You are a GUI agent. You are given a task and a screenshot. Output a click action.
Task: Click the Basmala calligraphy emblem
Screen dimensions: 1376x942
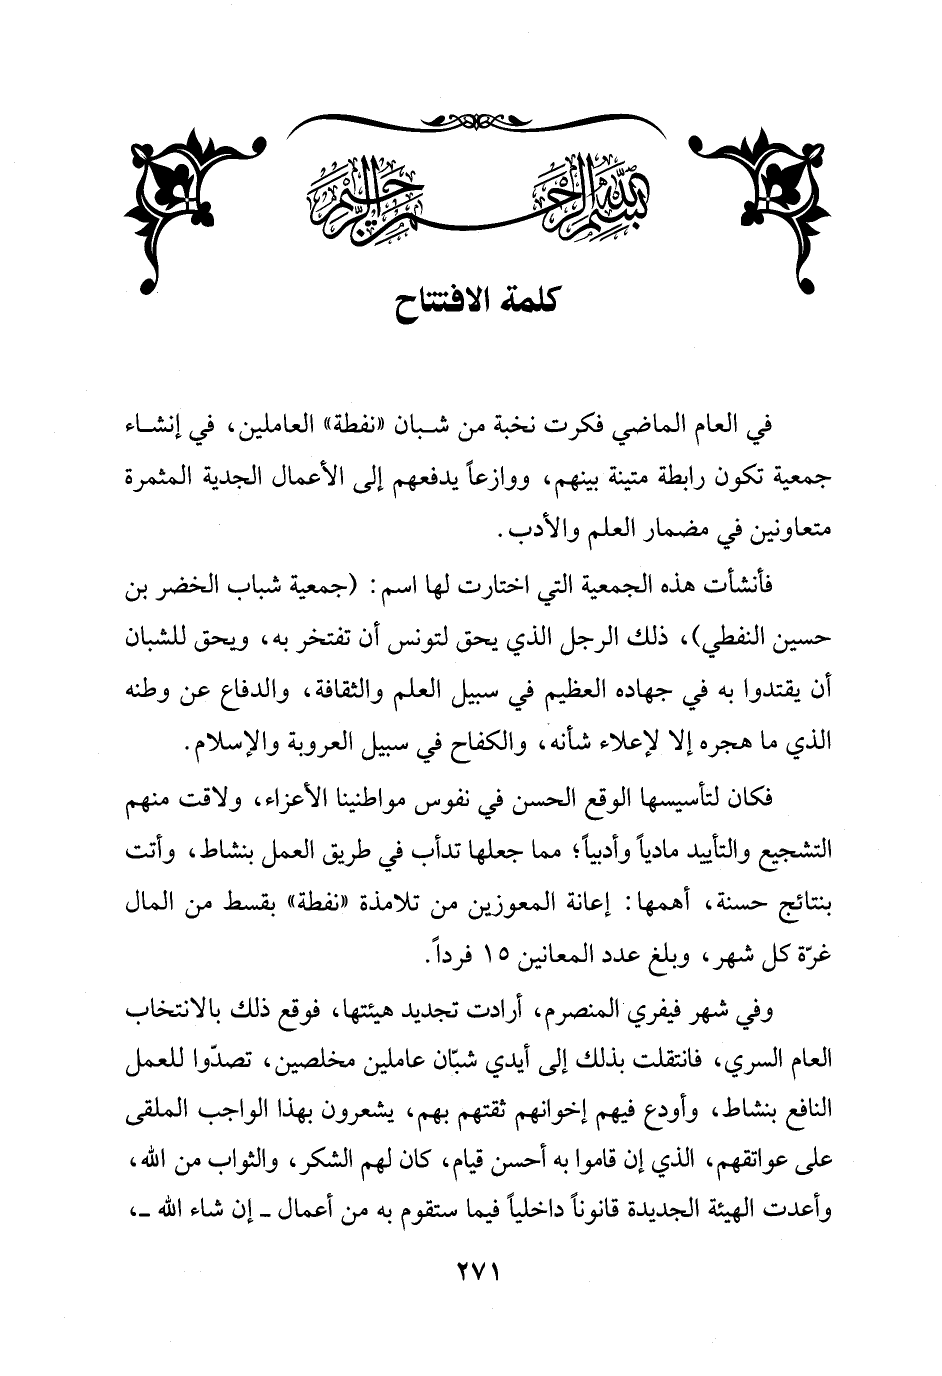[469, 191]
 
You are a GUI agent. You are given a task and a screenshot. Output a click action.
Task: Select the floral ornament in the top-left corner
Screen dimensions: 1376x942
[188, 190]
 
